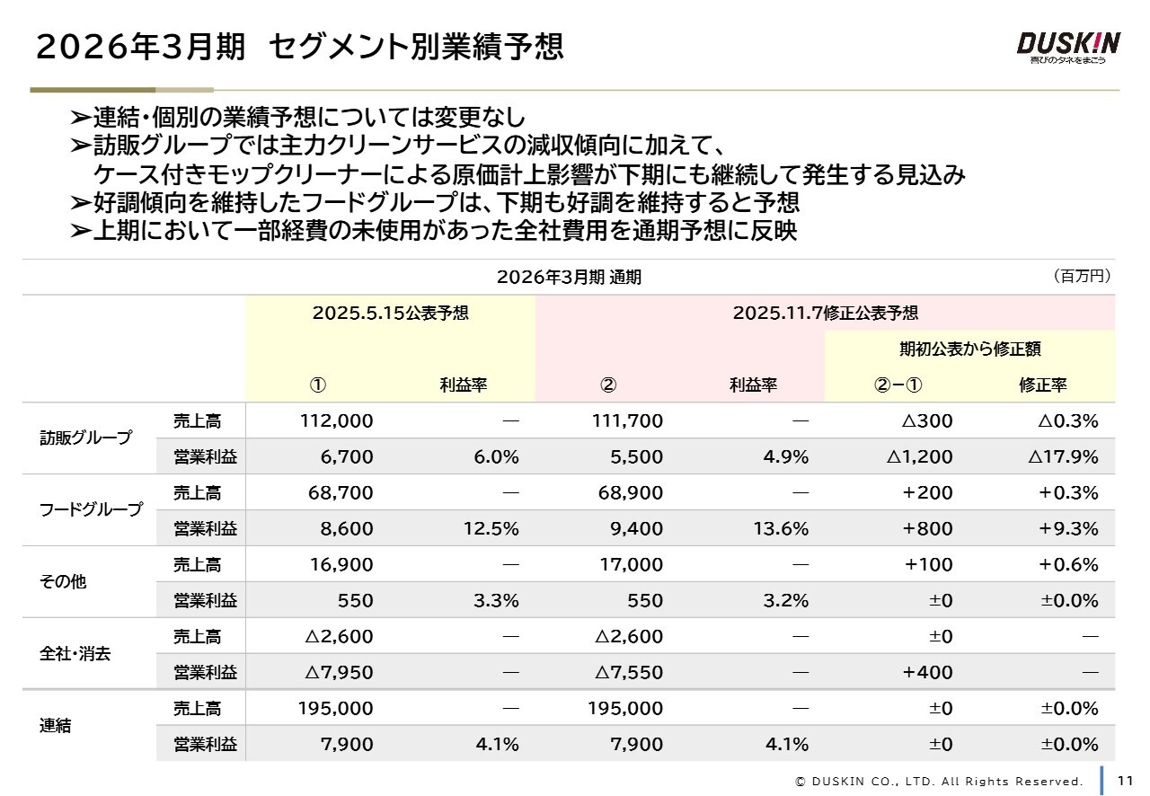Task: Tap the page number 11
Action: click(x=1125, y=780)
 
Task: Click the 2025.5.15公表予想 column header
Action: click(x=390, y=313)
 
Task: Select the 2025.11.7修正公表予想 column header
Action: click(x=825, y=313)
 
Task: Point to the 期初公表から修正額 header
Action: click(x=969, y=349)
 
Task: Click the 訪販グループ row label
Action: click(x=85, y=438)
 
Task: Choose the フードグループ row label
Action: click(x=91, y=510)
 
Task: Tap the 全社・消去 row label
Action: click(x=75, y=654)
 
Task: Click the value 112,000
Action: click(x=336, y=420)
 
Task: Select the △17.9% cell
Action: click(x=1063, y=456)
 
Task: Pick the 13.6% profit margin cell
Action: click(x=781, y=528)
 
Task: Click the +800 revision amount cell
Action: click(x=927, y=528)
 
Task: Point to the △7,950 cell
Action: click(x=339, y=672)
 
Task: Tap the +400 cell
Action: click(x=927, y=672)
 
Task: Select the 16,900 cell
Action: click(x=341, y=564)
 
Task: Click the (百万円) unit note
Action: click(x=1082, y=276)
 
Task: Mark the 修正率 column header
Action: click(x=1042, y=385)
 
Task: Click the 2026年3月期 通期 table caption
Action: click(x=569, y=277)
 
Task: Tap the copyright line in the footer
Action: click(x=940, y=781)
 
